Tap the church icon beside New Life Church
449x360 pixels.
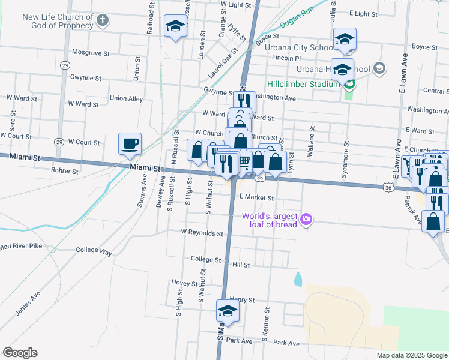(x=103, y=21)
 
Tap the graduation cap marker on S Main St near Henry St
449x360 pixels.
(x=228, y=311)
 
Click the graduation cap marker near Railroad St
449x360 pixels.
(x=175, y=26)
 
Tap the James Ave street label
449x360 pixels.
(x=28, y=304)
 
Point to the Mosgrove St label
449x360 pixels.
(x=91, y=53)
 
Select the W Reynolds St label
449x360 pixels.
(x=202, y=233)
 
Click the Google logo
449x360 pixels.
(x=20, y=353)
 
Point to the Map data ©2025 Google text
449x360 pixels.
(x=411, y=355)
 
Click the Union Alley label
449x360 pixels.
(x=126, y=98)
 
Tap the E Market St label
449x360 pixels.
(x=256, y=197)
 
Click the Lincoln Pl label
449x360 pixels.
(x=286, y=58)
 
